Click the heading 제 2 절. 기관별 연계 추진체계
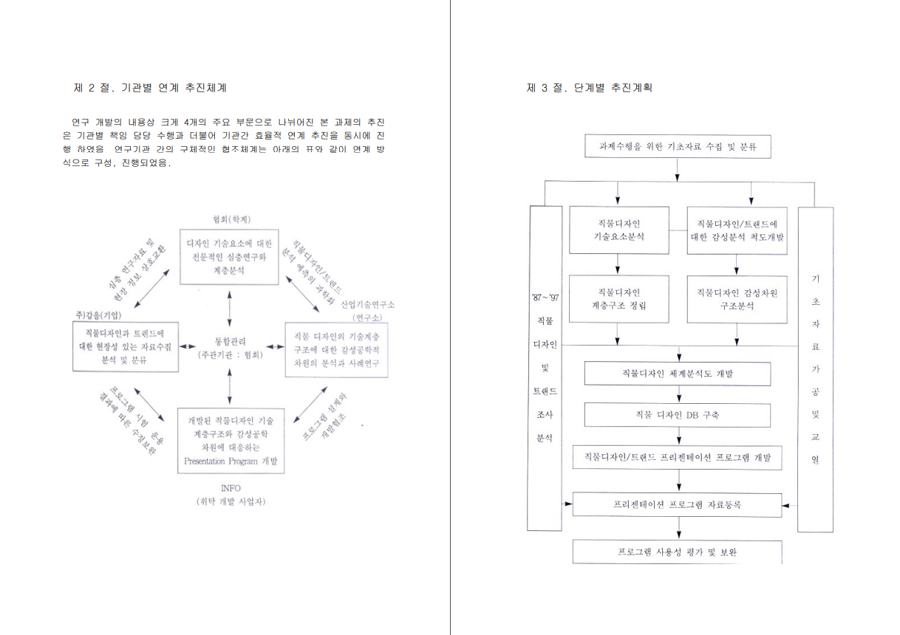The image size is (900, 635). (x=150, y=88)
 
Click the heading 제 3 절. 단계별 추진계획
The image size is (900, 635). (x=589, y=88)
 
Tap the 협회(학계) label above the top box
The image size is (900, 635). (x=231, y=219)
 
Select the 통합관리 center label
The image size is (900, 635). (x=230, y=342)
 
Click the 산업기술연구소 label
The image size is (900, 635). (x=367, y=304)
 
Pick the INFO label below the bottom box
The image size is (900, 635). (x=231, y=488)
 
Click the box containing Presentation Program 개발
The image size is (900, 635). (x=231, y=441)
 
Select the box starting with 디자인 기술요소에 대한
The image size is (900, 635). (x=230, y=256)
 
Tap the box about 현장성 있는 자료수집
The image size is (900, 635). (x=126, y=347)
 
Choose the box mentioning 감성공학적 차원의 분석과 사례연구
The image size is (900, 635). (x=336, y=349)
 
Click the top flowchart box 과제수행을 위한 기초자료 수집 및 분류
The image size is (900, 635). (x=677, y=146)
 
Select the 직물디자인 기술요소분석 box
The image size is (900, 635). (x=618, y=230)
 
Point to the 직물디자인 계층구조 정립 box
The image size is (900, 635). (x=618, y=298)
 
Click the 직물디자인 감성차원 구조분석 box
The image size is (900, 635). (x=737, y=298)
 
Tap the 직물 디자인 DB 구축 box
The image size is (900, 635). (x=677, y=414)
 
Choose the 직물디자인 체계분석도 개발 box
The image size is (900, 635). (x=677, y=373)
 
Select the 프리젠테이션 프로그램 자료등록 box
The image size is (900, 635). (x=677, y=505)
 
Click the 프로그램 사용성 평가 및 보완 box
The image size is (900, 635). (x=677, y=552)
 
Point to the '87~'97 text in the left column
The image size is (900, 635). (x=545, y=298)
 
